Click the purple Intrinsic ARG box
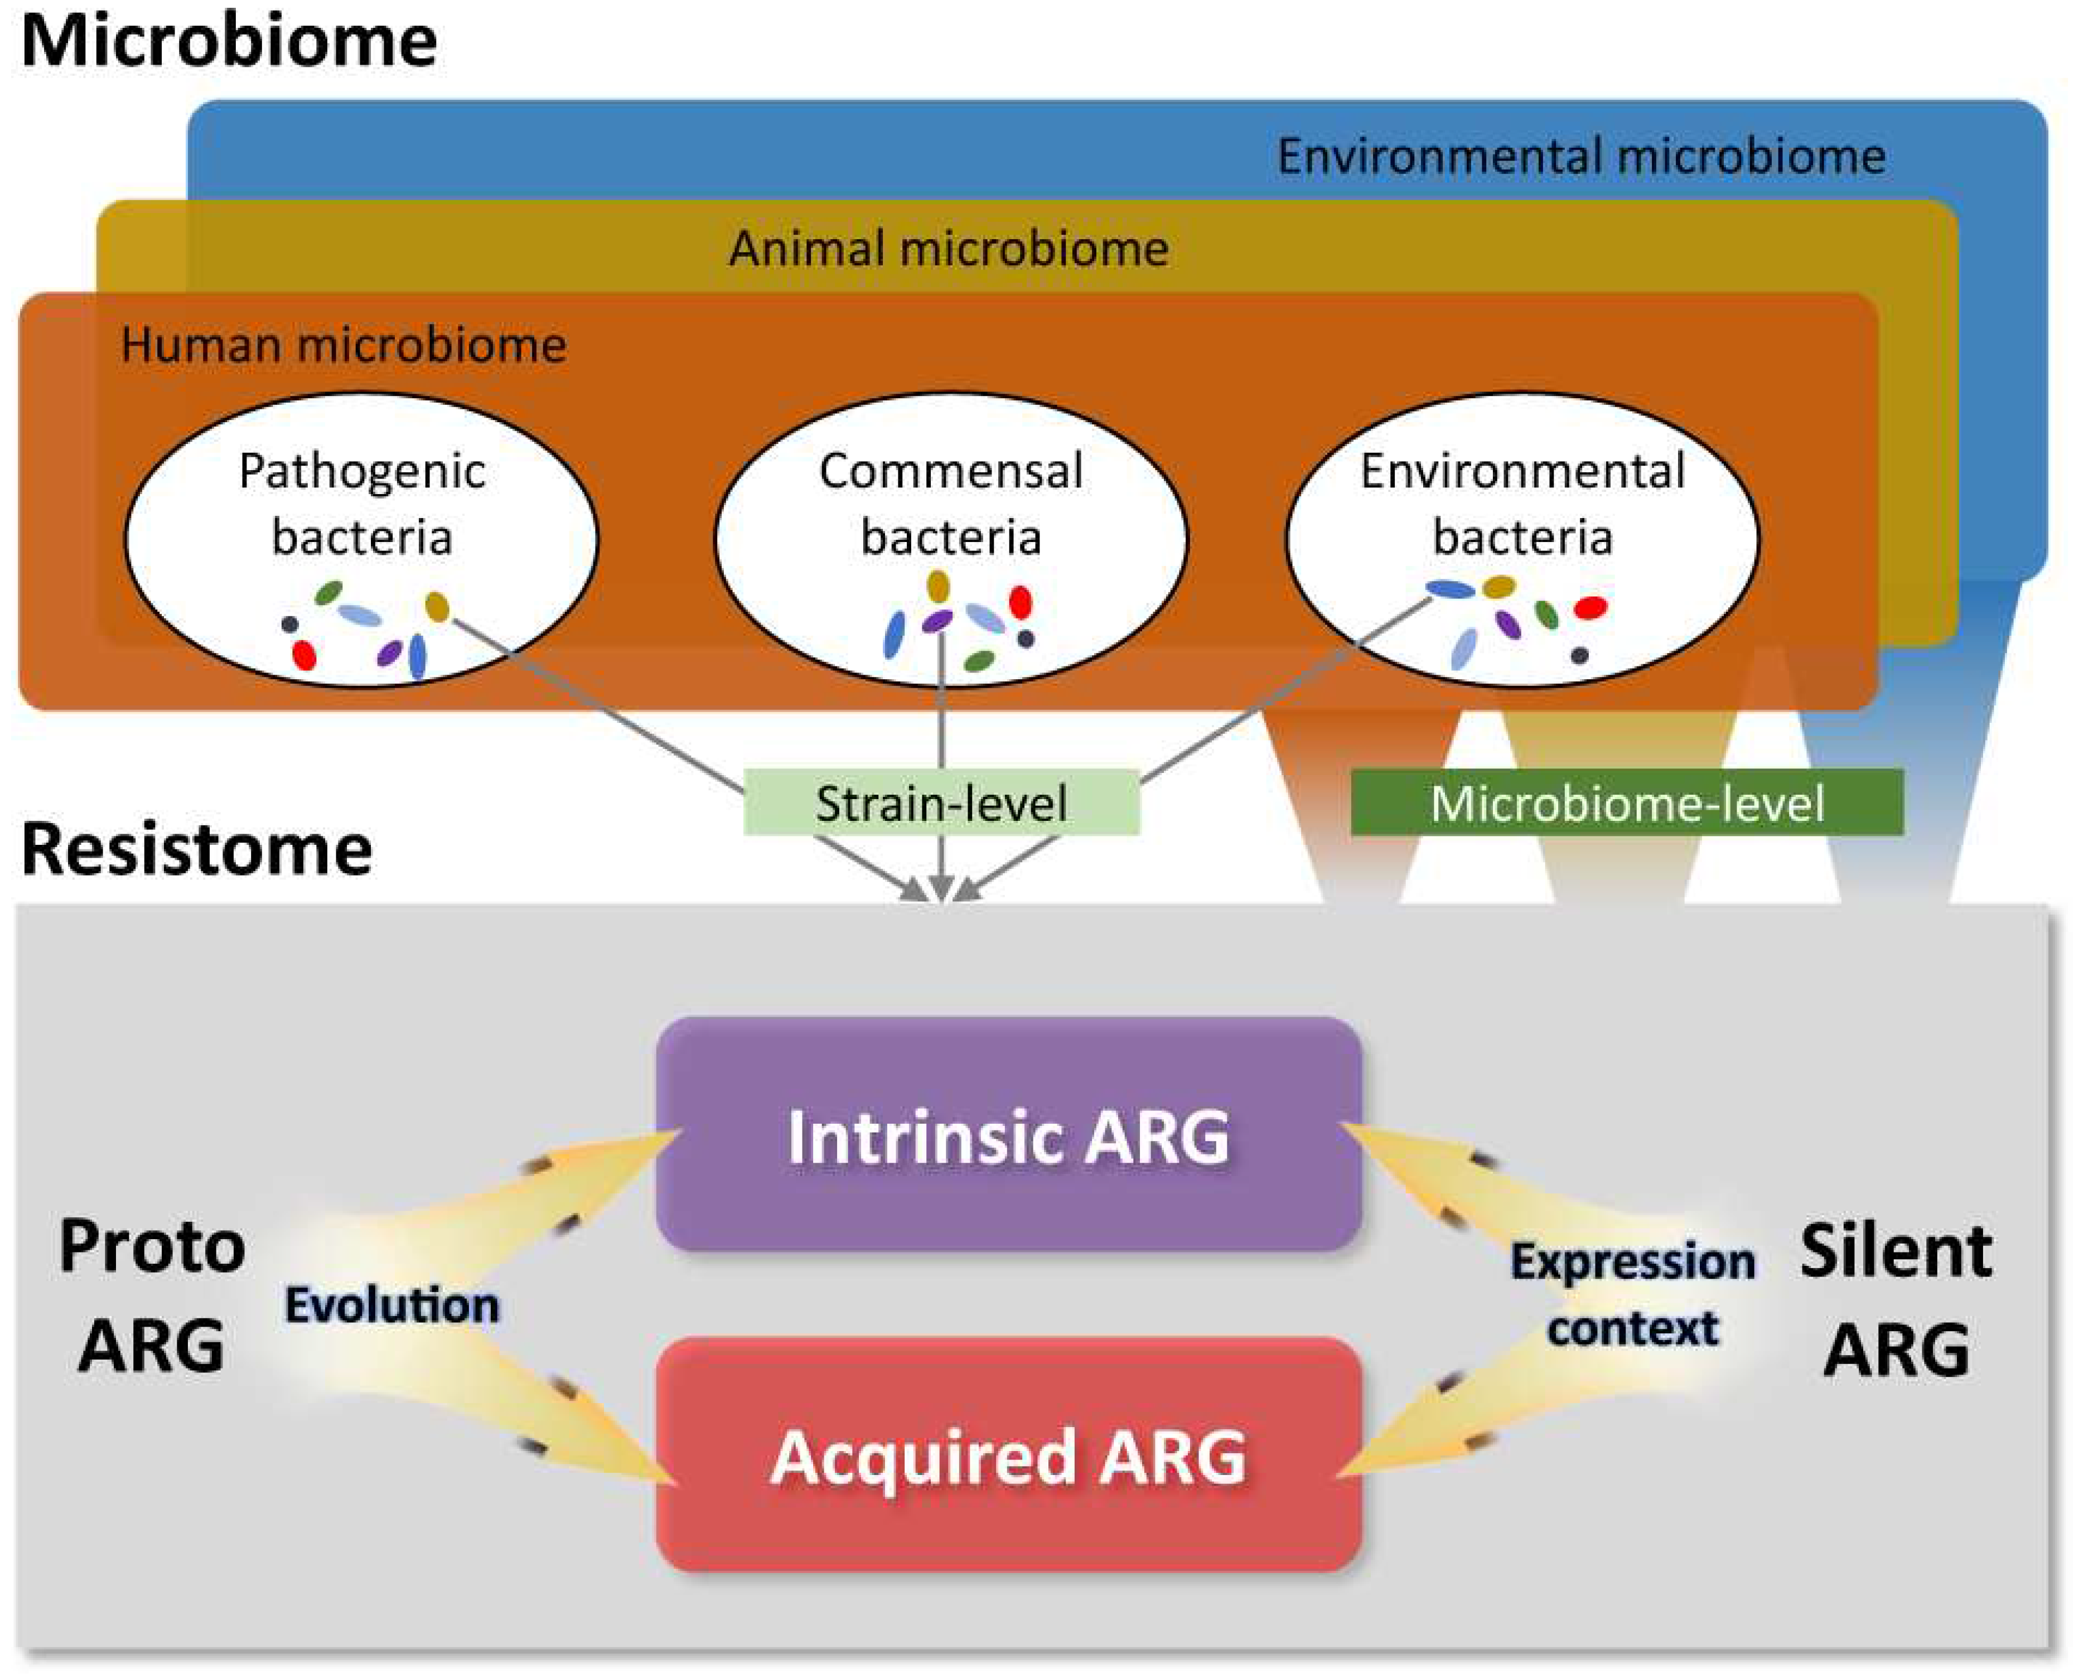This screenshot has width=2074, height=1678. (1009, 1134)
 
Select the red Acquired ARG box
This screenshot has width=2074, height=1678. (1009, 1455)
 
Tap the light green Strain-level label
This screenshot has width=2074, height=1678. (941, 802)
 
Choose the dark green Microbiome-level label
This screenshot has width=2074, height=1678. (1627, 802)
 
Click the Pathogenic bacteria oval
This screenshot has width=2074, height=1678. (361, 539)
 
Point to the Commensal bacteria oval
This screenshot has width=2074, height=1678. (951, 539)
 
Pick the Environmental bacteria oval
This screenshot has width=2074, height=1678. (1522, 539)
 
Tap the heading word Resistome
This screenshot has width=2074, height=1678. (197, 850)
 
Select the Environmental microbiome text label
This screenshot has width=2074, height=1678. (1581, 157)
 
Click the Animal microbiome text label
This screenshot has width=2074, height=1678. (949, 248)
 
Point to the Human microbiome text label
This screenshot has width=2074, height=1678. (344, 345)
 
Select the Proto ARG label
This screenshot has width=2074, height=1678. (152, 1295)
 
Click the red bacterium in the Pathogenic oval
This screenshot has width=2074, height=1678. (304, 654)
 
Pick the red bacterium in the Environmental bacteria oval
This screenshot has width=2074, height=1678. (1590, 608)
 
